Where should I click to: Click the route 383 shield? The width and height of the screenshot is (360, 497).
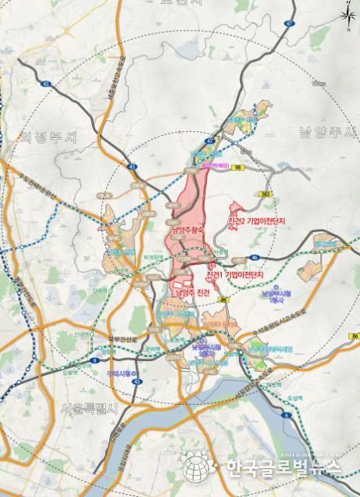(266, 192)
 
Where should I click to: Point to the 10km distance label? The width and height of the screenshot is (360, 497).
(316, 82)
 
